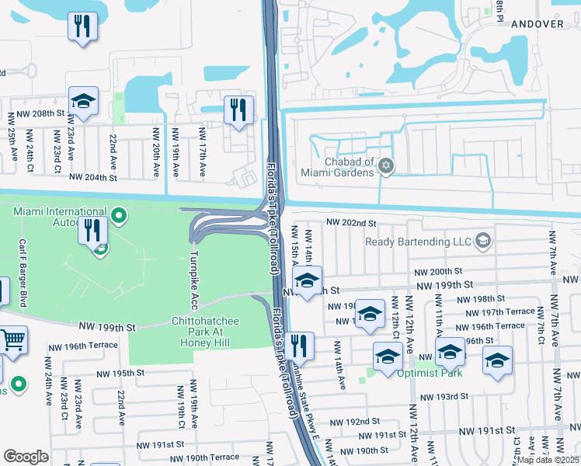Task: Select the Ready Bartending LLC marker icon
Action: (x=483, y=240)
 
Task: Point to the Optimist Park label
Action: (x=430, y=373)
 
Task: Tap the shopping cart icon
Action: (x=11, y=339)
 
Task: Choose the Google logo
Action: (x=25, y=457)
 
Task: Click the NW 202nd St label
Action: (x=351, y=223)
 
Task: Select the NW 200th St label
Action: (x=437, y=272)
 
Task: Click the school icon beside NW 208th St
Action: (x=83, y=102)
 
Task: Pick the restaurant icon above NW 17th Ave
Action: (x=238, y=110)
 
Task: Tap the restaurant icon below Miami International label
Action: (x=92, y=230)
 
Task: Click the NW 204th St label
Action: (x=98, y=177)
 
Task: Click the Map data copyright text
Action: (x=548, y=460)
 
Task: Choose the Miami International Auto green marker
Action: (x=118, y=214)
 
